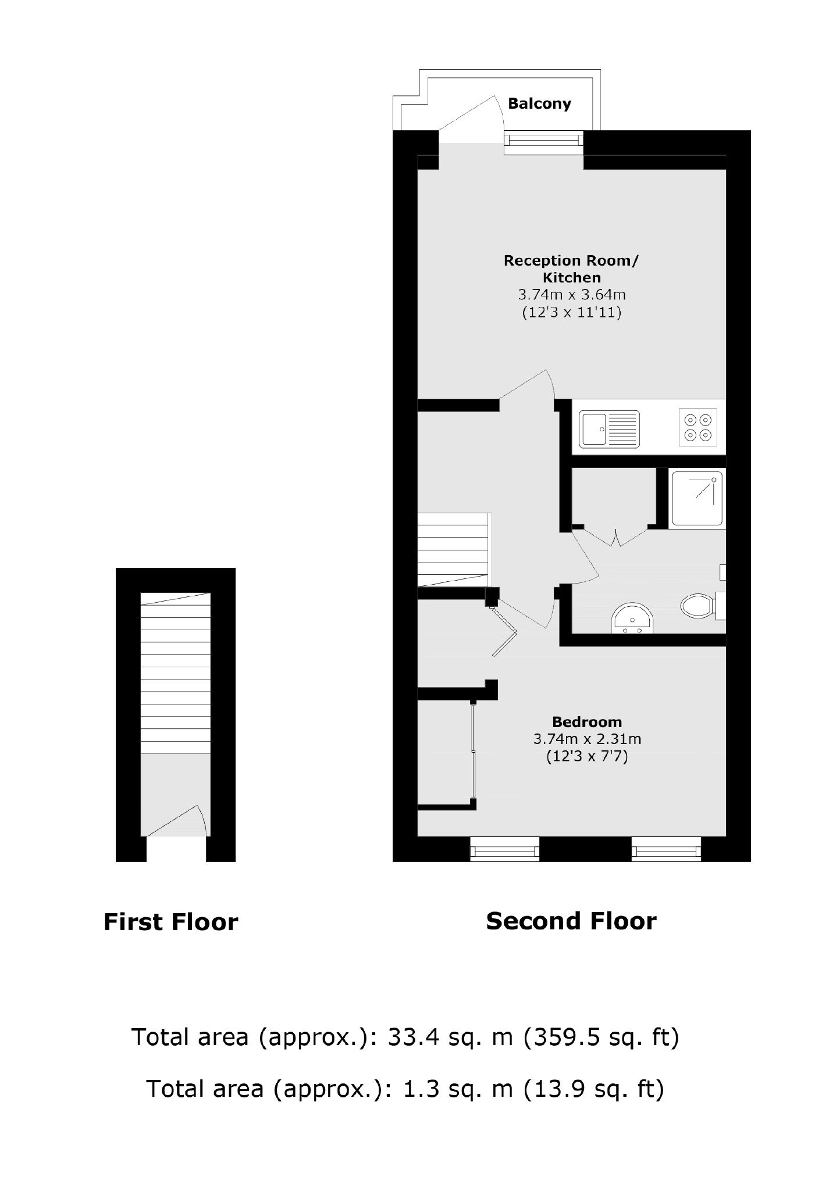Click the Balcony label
539,104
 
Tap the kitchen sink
609,429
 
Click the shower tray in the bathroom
697,499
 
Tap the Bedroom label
587,722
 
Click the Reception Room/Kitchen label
571,269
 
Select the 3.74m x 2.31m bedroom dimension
587,739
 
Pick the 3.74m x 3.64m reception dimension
571,295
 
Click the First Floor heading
170,922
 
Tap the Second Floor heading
571,921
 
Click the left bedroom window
504,849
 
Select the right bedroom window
666,849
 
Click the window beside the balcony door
543,143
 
